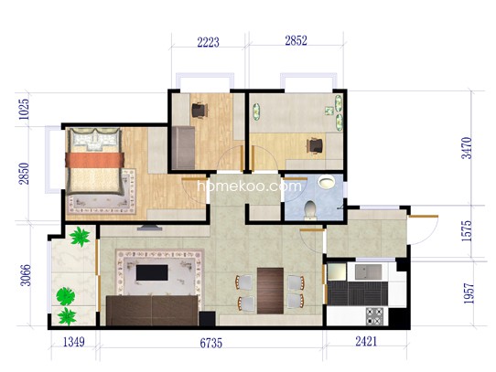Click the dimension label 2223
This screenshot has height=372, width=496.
pyautogui.click(x=208, y=42)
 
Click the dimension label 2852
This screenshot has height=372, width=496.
pyautogui.click(x=297, y=40)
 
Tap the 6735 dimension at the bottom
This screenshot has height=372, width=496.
pyautogui.click(x=211, y=343)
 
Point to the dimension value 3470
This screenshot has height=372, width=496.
pyautogui.click(x=467, y=147)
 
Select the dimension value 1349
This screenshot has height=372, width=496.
pyautogui.click(x=74, y=342)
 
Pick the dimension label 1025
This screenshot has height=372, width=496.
pyautogui.click(x=24, y=110)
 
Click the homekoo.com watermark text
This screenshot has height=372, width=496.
pyautogui.click(x=249, y=186)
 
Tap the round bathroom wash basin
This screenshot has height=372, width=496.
pyautogui.click(x=327, y=181)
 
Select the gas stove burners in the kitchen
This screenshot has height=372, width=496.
pyautogui.click(x=374, y=316)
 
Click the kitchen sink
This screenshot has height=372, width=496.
pyautogui.click(x=368, y=271)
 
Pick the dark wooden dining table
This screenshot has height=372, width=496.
pyautogui.click(x=270, y=291)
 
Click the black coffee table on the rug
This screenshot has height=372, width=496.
pyautogui.click(x=152, y=272)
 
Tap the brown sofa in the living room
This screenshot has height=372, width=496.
pyautogui.click(x=152, y=311)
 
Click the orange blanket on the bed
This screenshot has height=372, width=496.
pyautogui.click(x=94, y=160)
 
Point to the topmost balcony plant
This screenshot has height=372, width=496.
pyautogui.click(x=80, y=236)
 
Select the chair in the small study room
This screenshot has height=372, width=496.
pyautogui.click(x=199, y=110)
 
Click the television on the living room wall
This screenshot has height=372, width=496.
pyautogui.click(x=149, y=228)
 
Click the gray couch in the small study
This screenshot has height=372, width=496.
pyautogui.click(x=183, y=147)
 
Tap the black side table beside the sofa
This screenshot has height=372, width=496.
pyautogui.click(x=207, y=319)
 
